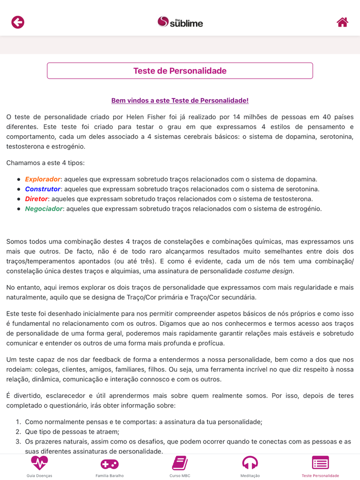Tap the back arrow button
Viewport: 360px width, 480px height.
click(18, 22)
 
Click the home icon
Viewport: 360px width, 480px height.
click(342, 22)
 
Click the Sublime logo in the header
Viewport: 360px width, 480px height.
click(180, 22)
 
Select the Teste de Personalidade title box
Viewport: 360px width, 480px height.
click(180, 71)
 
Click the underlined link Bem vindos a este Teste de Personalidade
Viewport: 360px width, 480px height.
click(180, 101)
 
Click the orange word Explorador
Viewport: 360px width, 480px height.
click(43, 179)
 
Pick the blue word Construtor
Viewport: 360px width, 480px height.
click(43, 189)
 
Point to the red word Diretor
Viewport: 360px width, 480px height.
click(37, 199)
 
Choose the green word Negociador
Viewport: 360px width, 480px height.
click(44, 209)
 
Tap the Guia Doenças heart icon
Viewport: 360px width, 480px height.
click(39, 463)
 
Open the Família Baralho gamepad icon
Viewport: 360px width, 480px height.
click(110, 464)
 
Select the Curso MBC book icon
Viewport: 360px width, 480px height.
click(180, 463)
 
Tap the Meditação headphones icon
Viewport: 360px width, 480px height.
click(250, 463)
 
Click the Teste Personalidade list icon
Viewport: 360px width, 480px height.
click(320, 463)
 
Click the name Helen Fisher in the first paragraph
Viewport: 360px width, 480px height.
click(154, 117)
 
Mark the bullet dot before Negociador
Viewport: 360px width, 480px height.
click(19, 209)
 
